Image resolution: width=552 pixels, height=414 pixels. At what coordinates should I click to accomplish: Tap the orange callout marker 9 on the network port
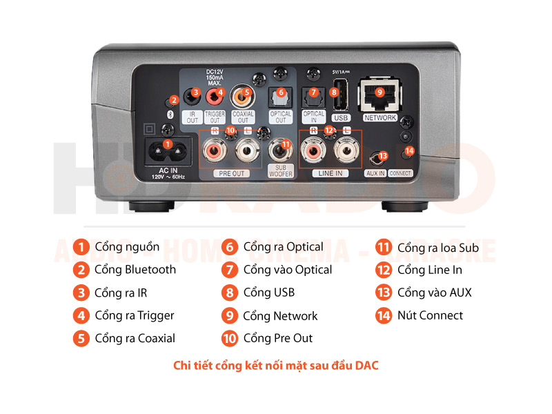click(x=379, y=92)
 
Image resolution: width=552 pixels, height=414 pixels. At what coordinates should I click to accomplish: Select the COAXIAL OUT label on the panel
click(x=242, y=117)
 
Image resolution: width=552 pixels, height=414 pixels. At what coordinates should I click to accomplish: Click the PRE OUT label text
click(x=232, y=173)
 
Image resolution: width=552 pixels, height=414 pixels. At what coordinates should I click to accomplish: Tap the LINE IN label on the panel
click(x=330, y=173)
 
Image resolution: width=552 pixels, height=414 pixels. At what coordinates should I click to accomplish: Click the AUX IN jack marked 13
click(x=377, y=158)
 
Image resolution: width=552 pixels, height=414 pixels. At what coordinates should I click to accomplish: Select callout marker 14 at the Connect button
click(x=410, y=150)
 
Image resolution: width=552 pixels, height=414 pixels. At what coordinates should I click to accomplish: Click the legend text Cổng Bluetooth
click(x=135, y=270)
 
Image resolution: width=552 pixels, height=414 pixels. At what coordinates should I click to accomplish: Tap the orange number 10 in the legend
click(x=229, y=339)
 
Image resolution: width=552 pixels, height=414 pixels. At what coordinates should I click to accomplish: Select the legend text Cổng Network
click(x=279, y=316)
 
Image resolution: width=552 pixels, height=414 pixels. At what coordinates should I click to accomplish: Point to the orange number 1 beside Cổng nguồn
click(x=82, y=247)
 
